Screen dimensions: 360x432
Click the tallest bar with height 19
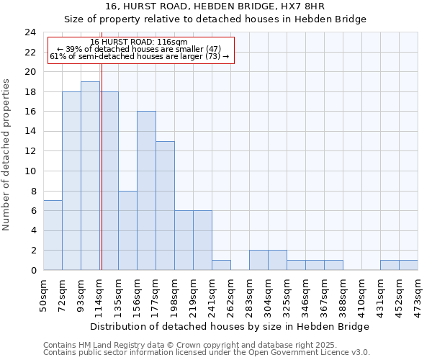(x=90, y=176)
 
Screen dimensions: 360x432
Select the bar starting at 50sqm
(x=53, y=235)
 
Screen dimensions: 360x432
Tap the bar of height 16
(x=146, y=191)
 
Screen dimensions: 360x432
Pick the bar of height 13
(x=165, y=206)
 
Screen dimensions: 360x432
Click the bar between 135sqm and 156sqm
(x=127, y=230)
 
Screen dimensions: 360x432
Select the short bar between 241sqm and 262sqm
(x=221, y=265)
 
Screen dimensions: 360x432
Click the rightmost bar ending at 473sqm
(x=408, y=265)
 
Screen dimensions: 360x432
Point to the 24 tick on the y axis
(x=30, y=32)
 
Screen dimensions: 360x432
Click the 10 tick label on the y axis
(x=30, y=171)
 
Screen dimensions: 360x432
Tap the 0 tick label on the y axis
(x=33, y=271)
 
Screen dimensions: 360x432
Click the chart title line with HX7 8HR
(x=215, y=6)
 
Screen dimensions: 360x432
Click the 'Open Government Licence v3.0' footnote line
(x=207, y=352)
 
